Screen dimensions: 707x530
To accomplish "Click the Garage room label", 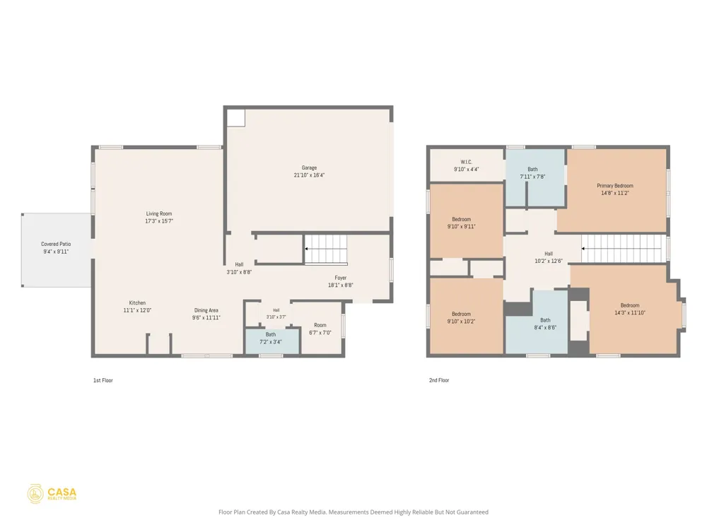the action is tap(310, 167).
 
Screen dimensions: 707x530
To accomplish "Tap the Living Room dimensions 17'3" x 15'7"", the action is tap(159, 221).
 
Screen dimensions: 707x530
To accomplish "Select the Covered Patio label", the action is tap(56, 245).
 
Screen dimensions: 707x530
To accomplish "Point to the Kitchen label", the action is tap(138, 303).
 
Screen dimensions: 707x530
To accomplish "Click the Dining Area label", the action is tap(206, 310).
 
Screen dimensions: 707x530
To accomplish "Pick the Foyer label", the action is tap(341, 278).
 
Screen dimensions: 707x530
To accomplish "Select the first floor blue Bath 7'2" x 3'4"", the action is tap(272, 341).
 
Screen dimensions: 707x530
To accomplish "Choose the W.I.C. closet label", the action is tap(467, 163).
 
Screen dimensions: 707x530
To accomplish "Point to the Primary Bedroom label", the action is tap(615, 186).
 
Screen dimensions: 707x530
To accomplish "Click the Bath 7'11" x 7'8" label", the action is tap(532, 173).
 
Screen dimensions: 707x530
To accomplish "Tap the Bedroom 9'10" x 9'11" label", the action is tap(461, 223).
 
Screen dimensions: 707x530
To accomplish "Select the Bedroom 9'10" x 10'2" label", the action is tap(461, 318).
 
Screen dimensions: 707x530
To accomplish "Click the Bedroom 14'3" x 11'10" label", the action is tap(630, 309).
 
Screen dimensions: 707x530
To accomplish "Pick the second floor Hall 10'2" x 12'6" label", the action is tap(549, 257).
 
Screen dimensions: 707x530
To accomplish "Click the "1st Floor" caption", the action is tap(103, 380).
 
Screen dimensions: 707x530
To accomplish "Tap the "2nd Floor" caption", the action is tap(439, 380).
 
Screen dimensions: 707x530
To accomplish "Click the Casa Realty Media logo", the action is tap(52, 494).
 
